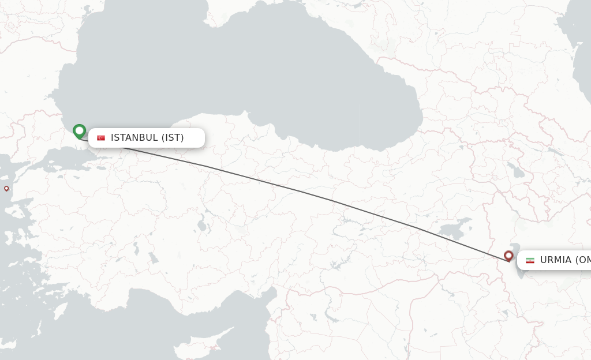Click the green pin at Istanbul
pyautogui.click(x=79, y=132)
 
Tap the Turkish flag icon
pyautogui.click(x=101, y=138)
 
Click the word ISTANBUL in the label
pyautogui.click(x=134, y=138)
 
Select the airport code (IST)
pyautogui.click(x=173, y=138)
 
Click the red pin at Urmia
pyautogui.click(x=508, y=256)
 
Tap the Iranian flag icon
pyautogui.click(x=530, y=260)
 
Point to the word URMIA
pyautogui.click(x=555, y=260)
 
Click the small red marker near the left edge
pyautogui.click(x=6, y=189)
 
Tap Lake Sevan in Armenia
pyautogui.click(x=513, y=170)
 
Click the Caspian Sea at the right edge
pyautogui.click(x=580, y=58)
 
